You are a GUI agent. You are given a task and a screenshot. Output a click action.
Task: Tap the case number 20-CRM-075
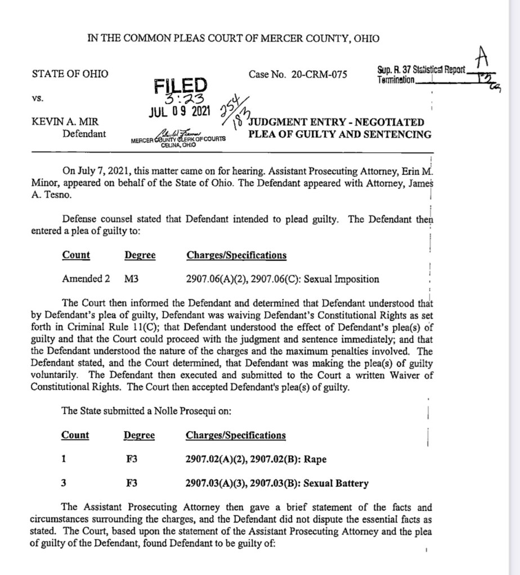320,74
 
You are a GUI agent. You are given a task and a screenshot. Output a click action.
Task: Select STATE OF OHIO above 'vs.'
70,74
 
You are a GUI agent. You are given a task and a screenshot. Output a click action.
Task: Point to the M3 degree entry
131,279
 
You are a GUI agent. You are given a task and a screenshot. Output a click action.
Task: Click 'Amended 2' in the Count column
82,279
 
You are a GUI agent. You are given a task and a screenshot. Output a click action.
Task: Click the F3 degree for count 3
132,483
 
